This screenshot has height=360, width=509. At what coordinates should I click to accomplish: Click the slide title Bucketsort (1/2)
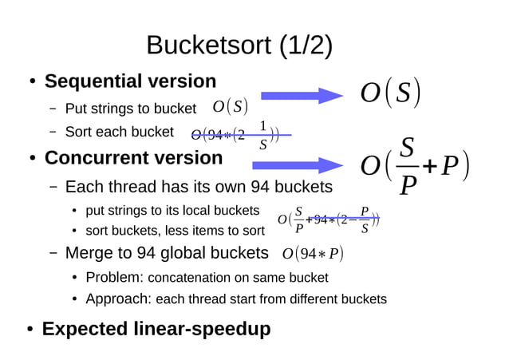point(239,45)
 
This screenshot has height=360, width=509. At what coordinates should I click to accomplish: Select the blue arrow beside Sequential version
point(302,96)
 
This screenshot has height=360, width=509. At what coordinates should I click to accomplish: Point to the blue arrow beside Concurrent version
point(297,165)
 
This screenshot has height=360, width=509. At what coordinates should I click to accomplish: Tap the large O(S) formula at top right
point(390,93)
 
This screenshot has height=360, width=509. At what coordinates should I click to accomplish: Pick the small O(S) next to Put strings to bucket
point(231,107)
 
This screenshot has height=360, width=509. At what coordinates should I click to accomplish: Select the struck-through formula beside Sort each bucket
point(239,135)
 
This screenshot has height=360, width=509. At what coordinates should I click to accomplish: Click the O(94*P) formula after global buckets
point(313,254)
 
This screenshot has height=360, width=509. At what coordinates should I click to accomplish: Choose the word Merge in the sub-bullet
point(89,254)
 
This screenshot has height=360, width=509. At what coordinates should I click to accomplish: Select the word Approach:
point(118,299)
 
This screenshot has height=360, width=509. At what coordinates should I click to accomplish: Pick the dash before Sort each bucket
point(52,132)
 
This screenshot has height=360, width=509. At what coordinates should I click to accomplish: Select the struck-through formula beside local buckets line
point(328,220)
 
